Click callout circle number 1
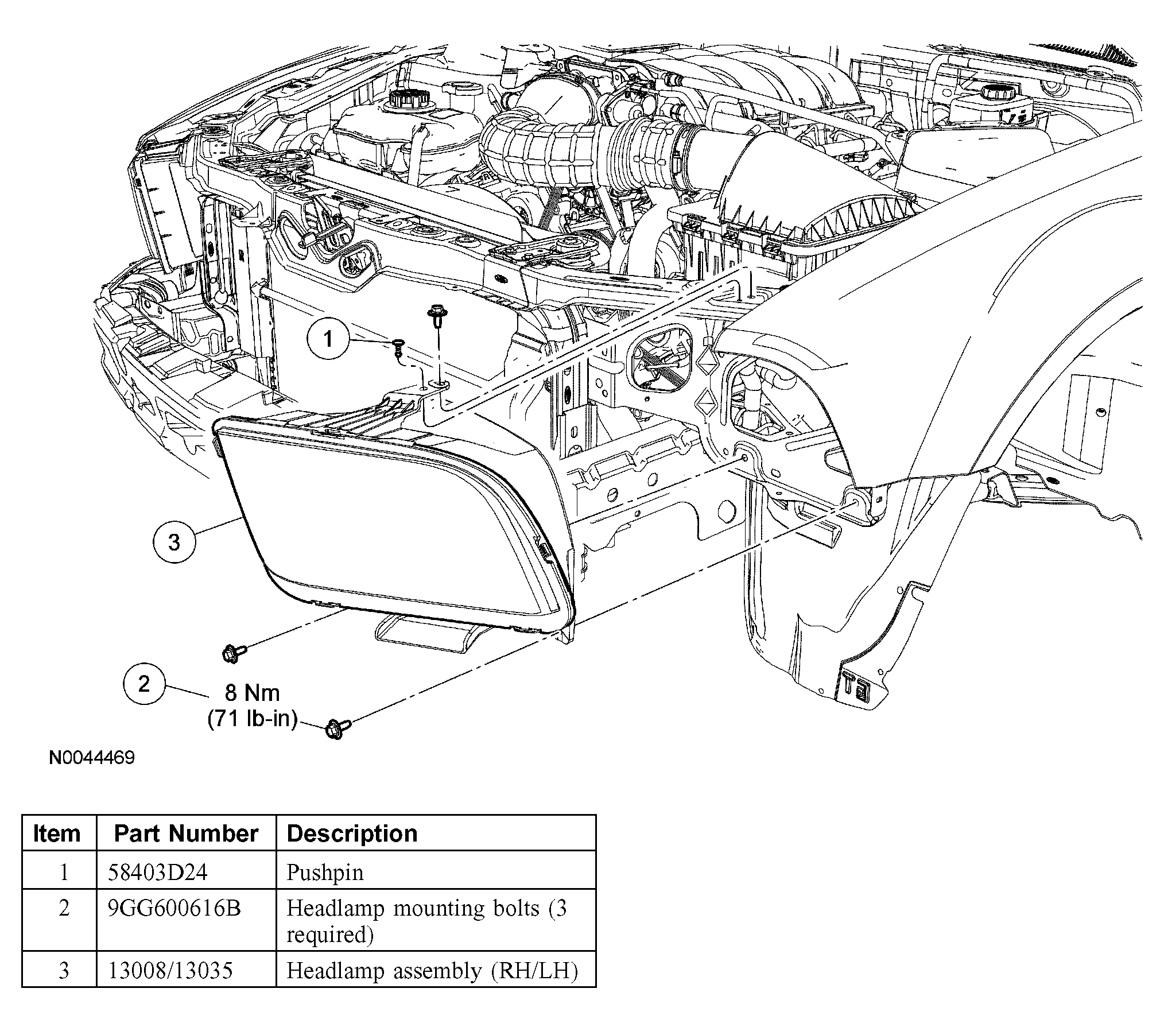(328, 339)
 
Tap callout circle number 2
(144, 684)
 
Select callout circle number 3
(174, 542)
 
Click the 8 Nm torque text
(252, 693)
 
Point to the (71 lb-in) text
(253, 719)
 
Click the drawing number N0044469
(92, 758)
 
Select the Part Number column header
(186, 834)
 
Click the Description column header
(352, 834)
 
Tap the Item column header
(57, 834)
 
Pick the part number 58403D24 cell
(158, 873)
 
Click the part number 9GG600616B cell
(174, 908)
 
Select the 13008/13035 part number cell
(170, 971)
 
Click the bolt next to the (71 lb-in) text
(337, 728)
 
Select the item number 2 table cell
(64, 908)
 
